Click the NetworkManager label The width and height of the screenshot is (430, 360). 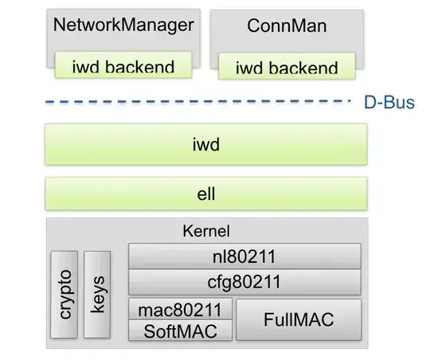tap(123, 25)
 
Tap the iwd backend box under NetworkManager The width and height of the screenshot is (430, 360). tap(123, 65)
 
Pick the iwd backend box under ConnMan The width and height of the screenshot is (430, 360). tap(287, 66)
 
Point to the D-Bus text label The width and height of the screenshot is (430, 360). tap(388, 102)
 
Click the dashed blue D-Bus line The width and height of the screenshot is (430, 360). tap(199, 101)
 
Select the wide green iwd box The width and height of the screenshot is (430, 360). tap(206, 146)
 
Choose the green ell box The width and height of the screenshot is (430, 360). tap(206, 194)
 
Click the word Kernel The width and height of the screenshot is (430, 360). tap(206, 232)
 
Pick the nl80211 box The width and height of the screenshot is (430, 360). tap(244, 256)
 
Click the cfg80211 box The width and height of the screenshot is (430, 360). tap(244, 281)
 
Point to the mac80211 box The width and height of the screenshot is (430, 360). tap(180, 309)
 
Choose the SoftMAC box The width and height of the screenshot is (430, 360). tap(180, 330)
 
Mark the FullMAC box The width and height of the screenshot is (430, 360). tap(299, 320)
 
